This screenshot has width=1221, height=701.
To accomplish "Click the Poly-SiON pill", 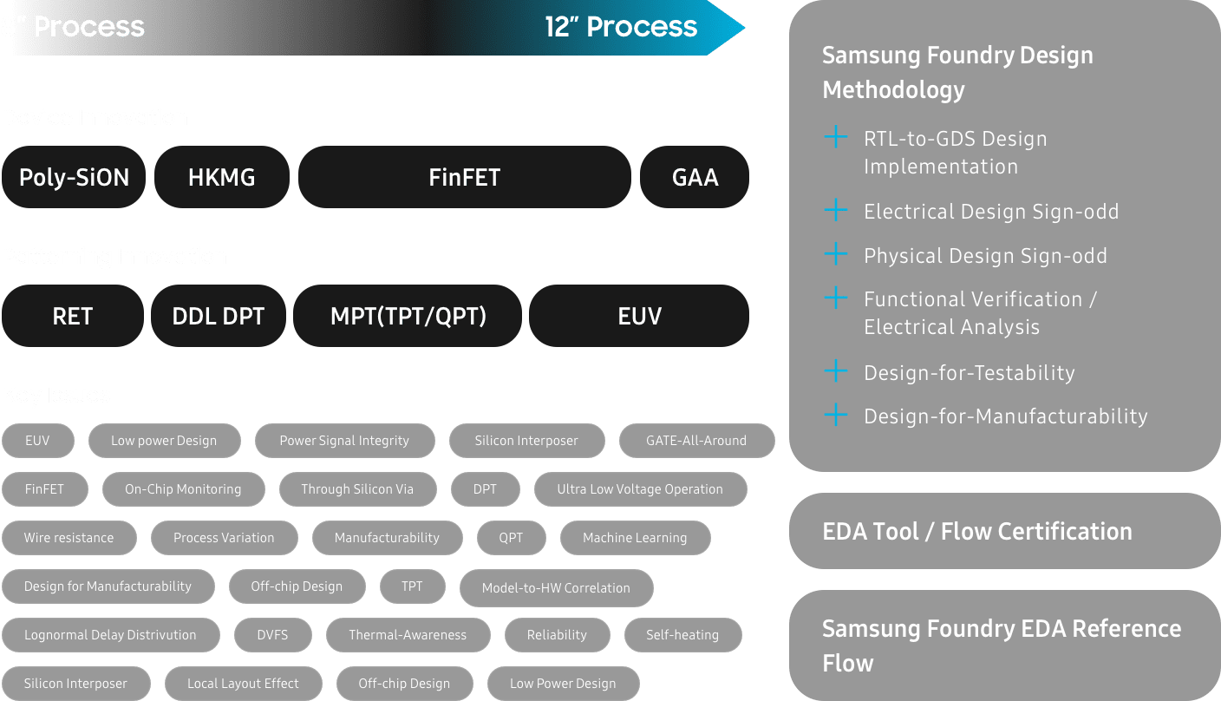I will point(74,178).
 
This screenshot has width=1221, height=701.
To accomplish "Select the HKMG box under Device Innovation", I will point(222,178).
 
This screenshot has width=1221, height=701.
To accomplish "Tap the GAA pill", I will point(695,178).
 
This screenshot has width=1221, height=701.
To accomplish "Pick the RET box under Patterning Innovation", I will point(73,316).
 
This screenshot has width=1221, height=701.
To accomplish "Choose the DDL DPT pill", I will point(219,316).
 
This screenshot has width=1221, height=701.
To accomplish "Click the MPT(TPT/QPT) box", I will point(408,316).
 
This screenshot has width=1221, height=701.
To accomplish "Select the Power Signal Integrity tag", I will point(344,441).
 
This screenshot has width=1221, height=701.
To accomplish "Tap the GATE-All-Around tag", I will point(696,441).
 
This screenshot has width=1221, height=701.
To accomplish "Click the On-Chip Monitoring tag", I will point(183,489).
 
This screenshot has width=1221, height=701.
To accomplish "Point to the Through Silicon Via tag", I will point(357,489).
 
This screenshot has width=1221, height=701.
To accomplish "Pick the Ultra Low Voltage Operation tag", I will point(640,489).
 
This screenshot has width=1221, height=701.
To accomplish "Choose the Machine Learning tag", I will point(635,538).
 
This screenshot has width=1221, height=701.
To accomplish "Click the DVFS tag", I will point(272,635).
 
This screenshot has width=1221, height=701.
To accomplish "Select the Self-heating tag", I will point(682,635).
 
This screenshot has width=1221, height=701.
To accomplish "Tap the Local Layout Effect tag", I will point(243,684).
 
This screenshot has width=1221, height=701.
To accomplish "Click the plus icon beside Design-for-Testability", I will point(835,372).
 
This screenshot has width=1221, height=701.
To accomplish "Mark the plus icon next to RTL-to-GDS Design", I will point(835,137).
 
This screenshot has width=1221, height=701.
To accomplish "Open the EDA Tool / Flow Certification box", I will point(1004,531).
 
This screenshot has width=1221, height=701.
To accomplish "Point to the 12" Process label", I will point(621,27).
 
